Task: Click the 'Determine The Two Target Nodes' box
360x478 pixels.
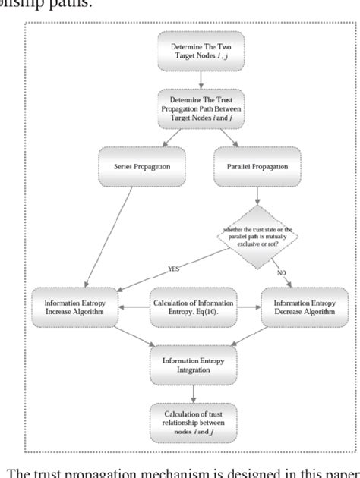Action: coord(201,51)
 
